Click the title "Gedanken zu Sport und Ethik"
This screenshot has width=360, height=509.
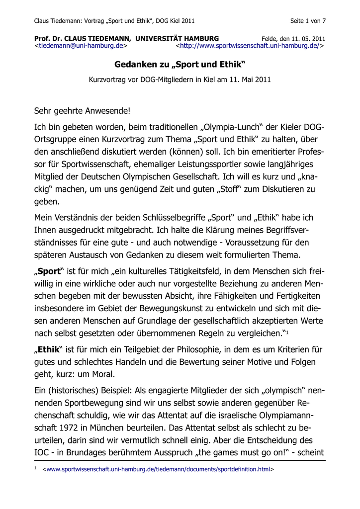pyautogui.click(x=180, y=65)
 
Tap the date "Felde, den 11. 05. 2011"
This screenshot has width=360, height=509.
pyautogui.click(x=293, y=38)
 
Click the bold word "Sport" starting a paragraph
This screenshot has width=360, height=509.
pyautogui.click(x=49, y=271)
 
